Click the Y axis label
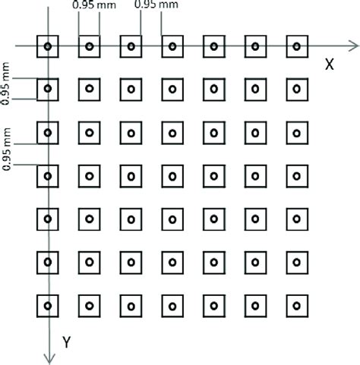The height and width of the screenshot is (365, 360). tap(66, 342)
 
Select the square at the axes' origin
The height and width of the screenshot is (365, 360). tap(48, 47)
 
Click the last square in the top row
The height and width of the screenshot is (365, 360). tap(296, 47)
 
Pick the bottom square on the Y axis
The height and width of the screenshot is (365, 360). tap(48, 307)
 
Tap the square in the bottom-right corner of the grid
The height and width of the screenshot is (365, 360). tap(296, 307)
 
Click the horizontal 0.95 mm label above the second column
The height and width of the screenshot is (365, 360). tap(89, 6)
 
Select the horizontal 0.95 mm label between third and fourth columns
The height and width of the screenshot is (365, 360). tap(156, 6)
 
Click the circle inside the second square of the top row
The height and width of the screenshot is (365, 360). tap(90, 47)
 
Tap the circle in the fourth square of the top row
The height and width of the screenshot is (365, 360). tap(172, 47)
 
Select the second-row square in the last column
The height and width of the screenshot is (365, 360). tap(296, 90)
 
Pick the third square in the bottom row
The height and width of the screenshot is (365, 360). tap(131, 307)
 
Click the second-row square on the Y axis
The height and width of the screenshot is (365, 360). tap(48, 90)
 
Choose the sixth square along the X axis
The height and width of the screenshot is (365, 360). tap(255, 47)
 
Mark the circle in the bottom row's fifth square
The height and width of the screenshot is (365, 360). tap(213, 307)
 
